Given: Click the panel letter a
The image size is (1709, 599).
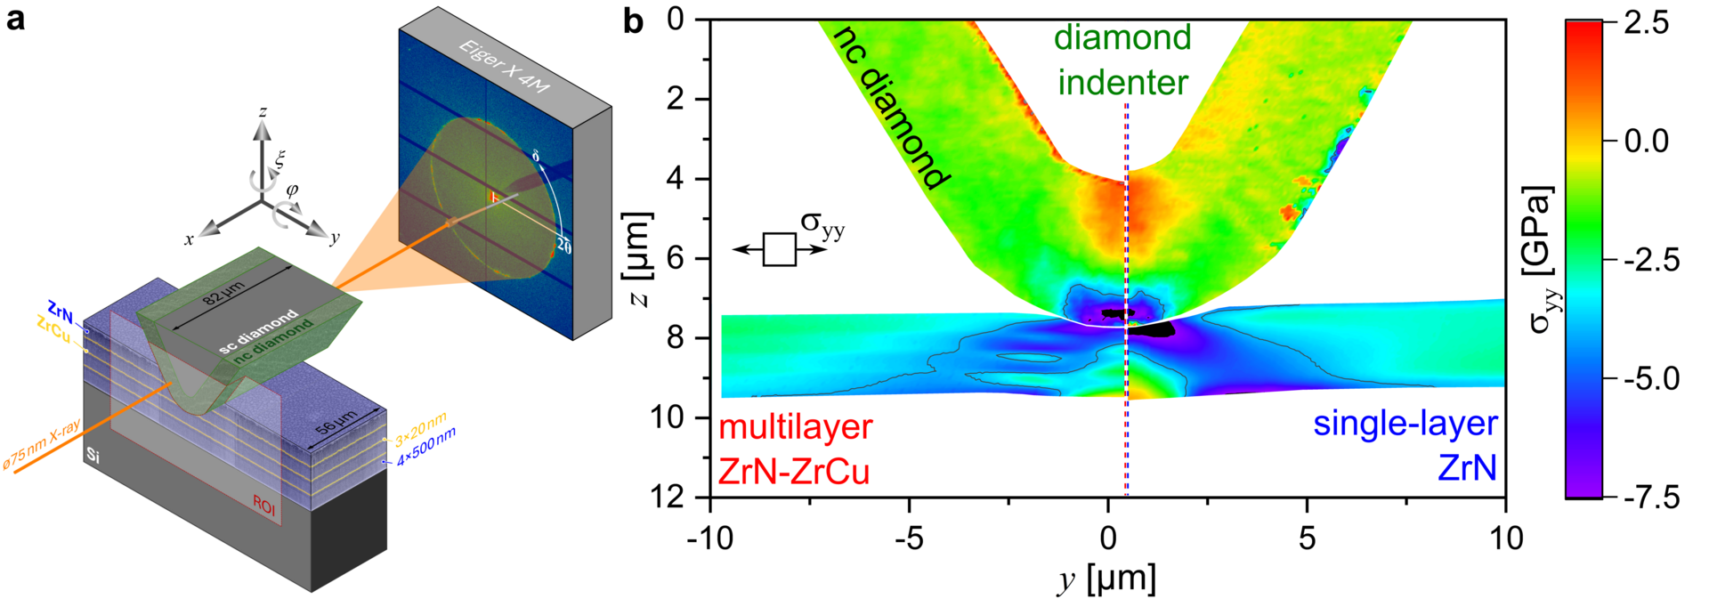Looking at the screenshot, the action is click(15, 20).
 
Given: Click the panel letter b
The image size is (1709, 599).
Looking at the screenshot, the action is click(633, 20).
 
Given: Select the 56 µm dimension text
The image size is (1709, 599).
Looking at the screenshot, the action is click(337, 421).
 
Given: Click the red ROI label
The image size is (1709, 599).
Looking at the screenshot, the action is click(264, 504).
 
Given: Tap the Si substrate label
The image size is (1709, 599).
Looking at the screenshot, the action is click(93, 456).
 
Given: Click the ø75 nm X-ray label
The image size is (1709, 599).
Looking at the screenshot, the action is click(42, 445).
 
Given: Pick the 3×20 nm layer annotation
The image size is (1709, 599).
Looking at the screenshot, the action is click(420, 430).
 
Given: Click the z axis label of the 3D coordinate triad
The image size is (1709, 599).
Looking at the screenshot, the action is click(263, 112).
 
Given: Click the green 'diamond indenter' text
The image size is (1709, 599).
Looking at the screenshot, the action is click(1122, 60).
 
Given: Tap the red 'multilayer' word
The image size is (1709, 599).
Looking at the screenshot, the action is click(795, 427).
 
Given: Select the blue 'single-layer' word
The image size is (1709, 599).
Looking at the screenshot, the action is click(1405, 424).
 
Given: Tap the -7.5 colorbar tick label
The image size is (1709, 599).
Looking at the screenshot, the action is click(1645, 497).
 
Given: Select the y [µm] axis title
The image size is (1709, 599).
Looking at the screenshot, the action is click(1107, 579).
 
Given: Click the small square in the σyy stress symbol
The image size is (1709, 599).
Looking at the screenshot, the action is click(780, 250).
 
